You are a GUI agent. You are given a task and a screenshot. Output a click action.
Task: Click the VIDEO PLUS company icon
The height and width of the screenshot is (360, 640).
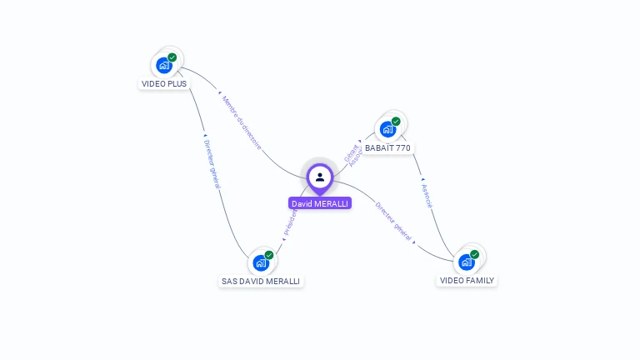click(x=164, y=65)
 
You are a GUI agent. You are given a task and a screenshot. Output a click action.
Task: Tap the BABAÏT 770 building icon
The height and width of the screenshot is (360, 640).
click(x=387, y=129)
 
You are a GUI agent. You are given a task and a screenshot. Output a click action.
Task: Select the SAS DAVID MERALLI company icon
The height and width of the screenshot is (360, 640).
click(x=261, y=262)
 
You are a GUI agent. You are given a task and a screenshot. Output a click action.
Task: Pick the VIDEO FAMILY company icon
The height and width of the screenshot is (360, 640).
click(x=467, y=262)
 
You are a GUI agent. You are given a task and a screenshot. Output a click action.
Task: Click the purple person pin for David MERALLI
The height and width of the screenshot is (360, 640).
click(x=320, y=177)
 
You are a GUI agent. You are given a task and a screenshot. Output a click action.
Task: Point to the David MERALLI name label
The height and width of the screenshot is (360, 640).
click(x=320, y=203)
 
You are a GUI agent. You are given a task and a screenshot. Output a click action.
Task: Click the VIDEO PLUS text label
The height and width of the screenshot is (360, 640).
click(x=164, y=83)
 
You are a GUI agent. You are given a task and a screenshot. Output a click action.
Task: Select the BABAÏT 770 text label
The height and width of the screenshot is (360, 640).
click(x=388, y=147)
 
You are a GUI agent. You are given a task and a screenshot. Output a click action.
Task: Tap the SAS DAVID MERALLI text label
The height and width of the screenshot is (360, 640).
click(x=261, y=282)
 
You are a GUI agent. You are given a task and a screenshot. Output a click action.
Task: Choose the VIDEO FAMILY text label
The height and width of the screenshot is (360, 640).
click(x=467, y=281)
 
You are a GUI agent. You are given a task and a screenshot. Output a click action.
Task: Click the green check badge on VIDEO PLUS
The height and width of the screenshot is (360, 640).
click(x=172, y=57)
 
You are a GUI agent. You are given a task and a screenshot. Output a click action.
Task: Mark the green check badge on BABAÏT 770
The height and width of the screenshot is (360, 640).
click(x=396, y=122)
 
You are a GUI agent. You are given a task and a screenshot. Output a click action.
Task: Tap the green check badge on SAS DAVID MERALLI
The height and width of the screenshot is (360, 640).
click(x=269, y=255)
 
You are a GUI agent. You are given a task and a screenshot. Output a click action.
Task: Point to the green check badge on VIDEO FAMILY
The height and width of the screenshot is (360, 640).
click(x=475, y=254)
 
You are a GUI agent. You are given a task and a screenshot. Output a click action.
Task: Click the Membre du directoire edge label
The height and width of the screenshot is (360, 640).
click(x=242, y=122)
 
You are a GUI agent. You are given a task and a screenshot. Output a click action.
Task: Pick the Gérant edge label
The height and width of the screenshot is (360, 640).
click(x=350, y=152)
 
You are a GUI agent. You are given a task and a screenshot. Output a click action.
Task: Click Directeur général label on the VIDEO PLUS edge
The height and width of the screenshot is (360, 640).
click(x=212, y=163)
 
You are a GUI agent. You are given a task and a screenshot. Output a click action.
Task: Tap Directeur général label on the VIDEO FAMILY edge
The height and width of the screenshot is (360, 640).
click(x=392, y=221)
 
